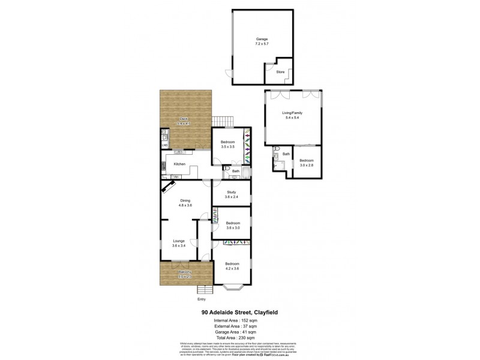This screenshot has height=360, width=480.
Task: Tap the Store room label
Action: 280,72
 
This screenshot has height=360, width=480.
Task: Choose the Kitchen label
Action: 179,164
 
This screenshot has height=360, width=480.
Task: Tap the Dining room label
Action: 185,203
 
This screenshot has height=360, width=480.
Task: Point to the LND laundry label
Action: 164,145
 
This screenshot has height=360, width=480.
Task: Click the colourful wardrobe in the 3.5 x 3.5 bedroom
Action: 246,148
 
